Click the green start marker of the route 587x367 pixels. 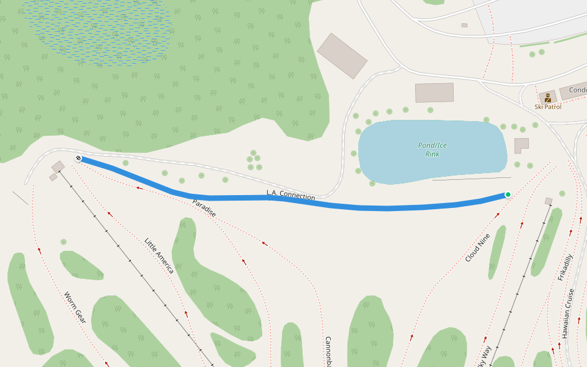(508, 195)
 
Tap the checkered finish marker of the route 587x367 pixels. (78, 158)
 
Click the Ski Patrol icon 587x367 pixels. (547, 97)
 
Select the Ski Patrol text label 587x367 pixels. (547, 106)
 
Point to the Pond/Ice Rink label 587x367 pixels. (432, 149)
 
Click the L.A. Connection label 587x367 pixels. (290, 196)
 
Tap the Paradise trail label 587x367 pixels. (204, 208)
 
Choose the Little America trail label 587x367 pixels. (159, 255)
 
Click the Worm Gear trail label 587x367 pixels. (74, 307)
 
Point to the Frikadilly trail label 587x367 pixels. (566, 267)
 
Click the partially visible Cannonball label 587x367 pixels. (328, 352)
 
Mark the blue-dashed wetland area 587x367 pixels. (98, 31)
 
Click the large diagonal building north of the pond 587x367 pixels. (342, 56)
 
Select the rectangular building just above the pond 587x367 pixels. (434, 92)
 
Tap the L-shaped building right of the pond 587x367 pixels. (520, 145)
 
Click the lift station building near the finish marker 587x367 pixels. (58, 166)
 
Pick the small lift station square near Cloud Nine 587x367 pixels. (548, 201)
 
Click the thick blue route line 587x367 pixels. (367, 207)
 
